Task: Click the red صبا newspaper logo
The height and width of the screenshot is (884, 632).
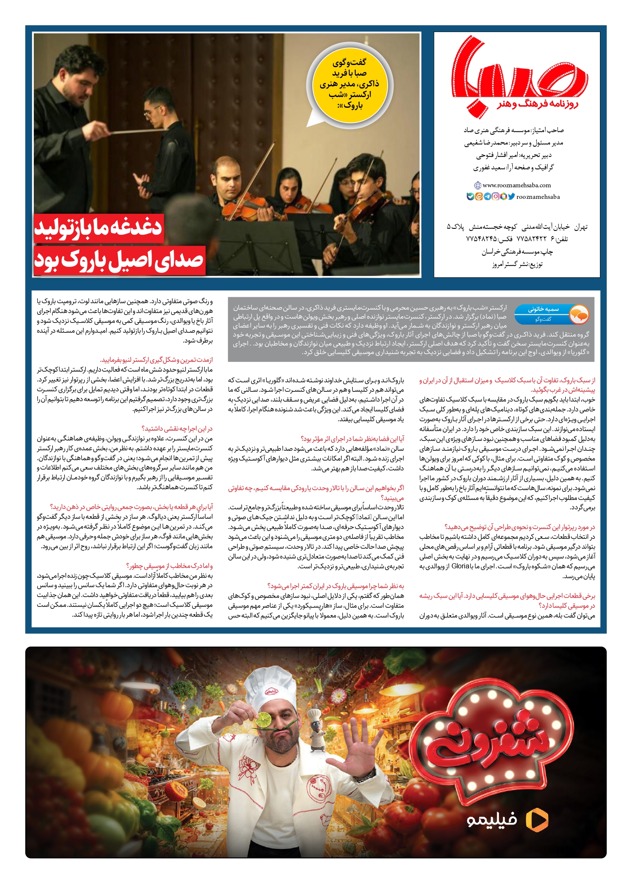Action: pos(519,71)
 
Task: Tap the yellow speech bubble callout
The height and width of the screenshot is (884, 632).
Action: pos(349,84)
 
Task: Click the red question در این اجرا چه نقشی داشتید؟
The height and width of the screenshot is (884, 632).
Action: pos(177,429)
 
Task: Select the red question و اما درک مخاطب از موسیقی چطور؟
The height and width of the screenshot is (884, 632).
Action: pos(170,566)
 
